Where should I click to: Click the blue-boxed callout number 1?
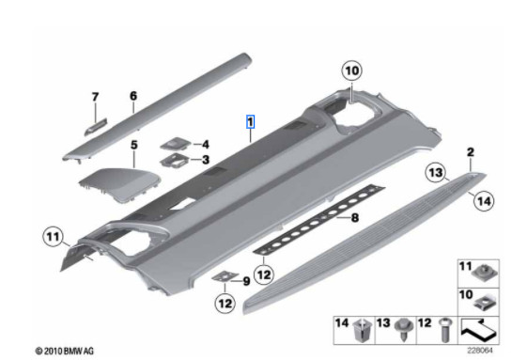[251, 121]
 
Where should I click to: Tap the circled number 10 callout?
[352, 70]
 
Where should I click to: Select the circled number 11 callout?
[54, 237]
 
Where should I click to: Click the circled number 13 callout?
[436, 173]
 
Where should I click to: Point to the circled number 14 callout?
[484, 201]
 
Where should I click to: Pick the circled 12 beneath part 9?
[225, 304]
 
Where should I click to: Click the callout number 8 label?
[354, 218]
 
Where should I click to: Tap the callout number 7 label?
[96, 97]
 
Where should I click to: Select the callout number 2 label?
[471, 152]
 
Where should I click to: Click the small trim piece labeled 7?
[96, 126]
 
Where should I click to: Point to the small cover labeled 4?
[176, 144]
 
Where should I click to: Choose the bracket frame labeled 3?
[175, 160]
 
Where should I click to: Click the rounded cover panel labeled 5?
[119, 184]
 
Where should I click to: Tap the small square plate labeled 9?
[225, 276]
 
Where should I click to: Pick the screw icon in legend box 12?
[445, 331]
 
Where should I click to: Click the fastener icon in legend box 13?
[404, 330]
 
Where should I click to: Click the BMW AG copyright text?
[65, 352]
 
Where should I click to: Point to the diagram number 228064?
[480, 351]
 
